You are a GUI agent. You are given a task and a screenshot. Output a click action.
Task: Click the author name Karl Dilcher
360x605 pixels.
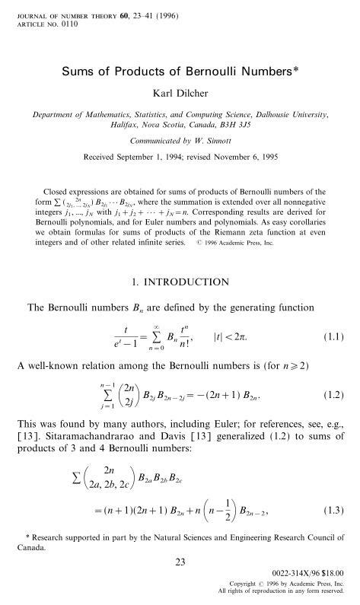coord(180,94)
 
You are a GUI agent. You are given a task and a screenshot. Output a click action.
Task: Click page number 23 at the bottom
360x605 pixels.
coord(180,562)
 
